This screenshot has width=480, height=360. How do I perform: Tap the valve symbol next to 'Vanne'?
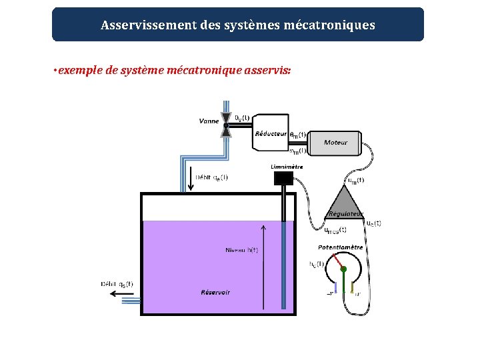coord(227,125)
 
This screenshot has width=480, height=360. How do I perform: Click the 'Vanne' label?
coord(209,121)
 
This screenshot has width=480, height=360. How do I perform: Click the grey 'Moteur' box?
coord(336,142)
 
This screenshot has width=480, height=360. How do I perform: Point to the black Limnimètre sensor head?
coord(283,178)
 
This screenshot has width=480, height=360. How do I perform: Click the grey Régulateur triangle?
coord(345,202)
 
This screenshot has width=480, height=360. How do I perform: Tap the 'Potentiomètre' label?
coord(340,247)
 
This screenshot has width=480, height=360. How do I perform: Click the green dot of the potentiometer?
coord(344,269)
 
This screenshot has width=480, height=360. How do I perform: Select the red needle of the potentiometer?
coord(339,261)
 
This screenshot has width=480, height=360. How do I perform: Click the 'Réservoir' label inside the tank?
coord(215,293)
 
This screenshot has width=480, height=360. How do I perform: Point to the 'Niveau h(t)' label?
coord(241,250)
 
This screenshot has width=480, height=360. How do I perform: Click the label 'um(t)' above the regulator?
coord(355,179)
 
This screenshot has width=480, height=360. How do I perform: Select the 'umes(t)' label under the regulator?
coord(335,230)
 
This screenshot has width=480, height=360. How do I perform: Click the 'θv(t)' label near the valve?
coord(242,117)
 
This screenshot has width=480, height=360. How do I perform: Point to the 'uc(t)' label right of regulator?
coord(373,223)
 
